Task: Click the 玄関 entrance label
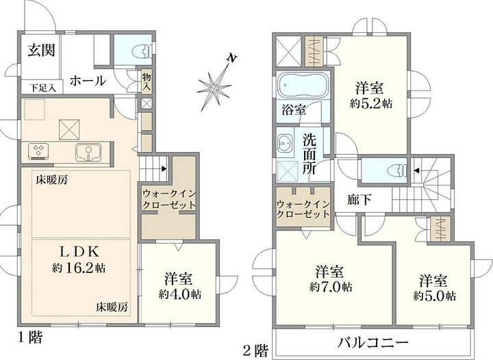click(42, 50)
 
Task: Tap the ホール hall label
click(88, 81)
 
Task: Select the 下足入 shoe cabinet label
click(42, 88)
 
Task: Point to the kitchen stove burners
click(38, 151)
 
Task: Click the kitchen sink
click(88, 152)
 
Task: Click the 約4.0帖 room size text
click(180, 294)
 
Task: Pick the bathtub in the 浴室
click(302, 86)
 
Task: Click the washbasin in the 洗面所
click(285, 142)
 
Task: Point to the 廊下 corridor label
click(359, 200)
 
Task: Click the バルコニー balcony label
click(373, 342)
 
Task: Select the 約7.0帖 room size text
click(331, 287)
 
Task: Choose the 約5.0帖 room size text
click(435, 296)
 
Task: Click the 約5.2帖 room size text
click(371, 103)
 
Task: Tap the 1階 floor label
click(29, 337)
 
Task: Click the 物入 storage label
click(147, 81)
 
